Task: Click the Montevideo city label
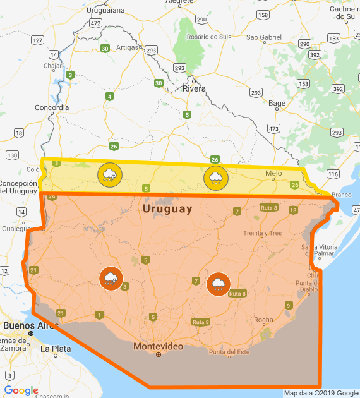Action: tap(158, 346)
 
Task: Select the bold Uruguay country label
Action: tap(167, 208)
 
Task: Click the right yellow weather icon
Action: tap(215, 178)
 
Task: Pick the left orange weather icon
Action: tap(111, 278)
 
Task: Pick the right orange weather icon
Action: tap(219, 284)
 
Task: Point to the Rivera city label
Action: tap(194, 88)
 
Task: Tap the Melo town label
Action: tap(273, 173)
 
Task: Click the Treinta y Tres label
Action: tap(262, 233)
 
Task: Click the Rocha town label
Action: tap(263, 320)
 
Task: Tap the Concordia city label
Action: tap(51, 107)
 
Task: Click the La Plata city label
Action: tap(52, 348)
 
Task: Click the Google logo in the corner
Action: tap(21, 390)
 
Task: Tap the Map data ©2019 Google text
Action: tap(321, 393)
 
